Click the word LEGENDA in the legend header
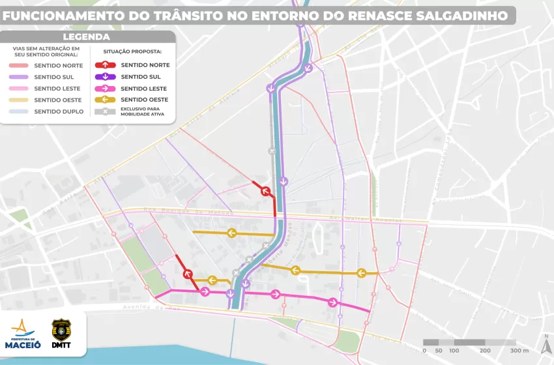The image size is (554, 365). coord(86,37)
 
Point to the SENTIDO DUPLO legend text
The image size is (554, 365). coord(59,111)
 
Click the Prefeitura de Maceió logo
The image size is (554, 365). coord(23,334)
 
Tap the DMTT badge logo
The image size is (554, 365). coord(61,334)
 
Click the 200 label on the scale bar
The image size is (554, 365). coord(485,351)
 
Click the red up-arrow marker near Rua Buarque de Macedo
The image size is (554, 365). coord(265,191)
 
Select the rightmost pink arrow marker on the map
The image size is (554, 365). coord(333,302)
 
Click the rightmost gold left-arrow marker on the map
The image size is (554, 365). coord(360,272)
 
